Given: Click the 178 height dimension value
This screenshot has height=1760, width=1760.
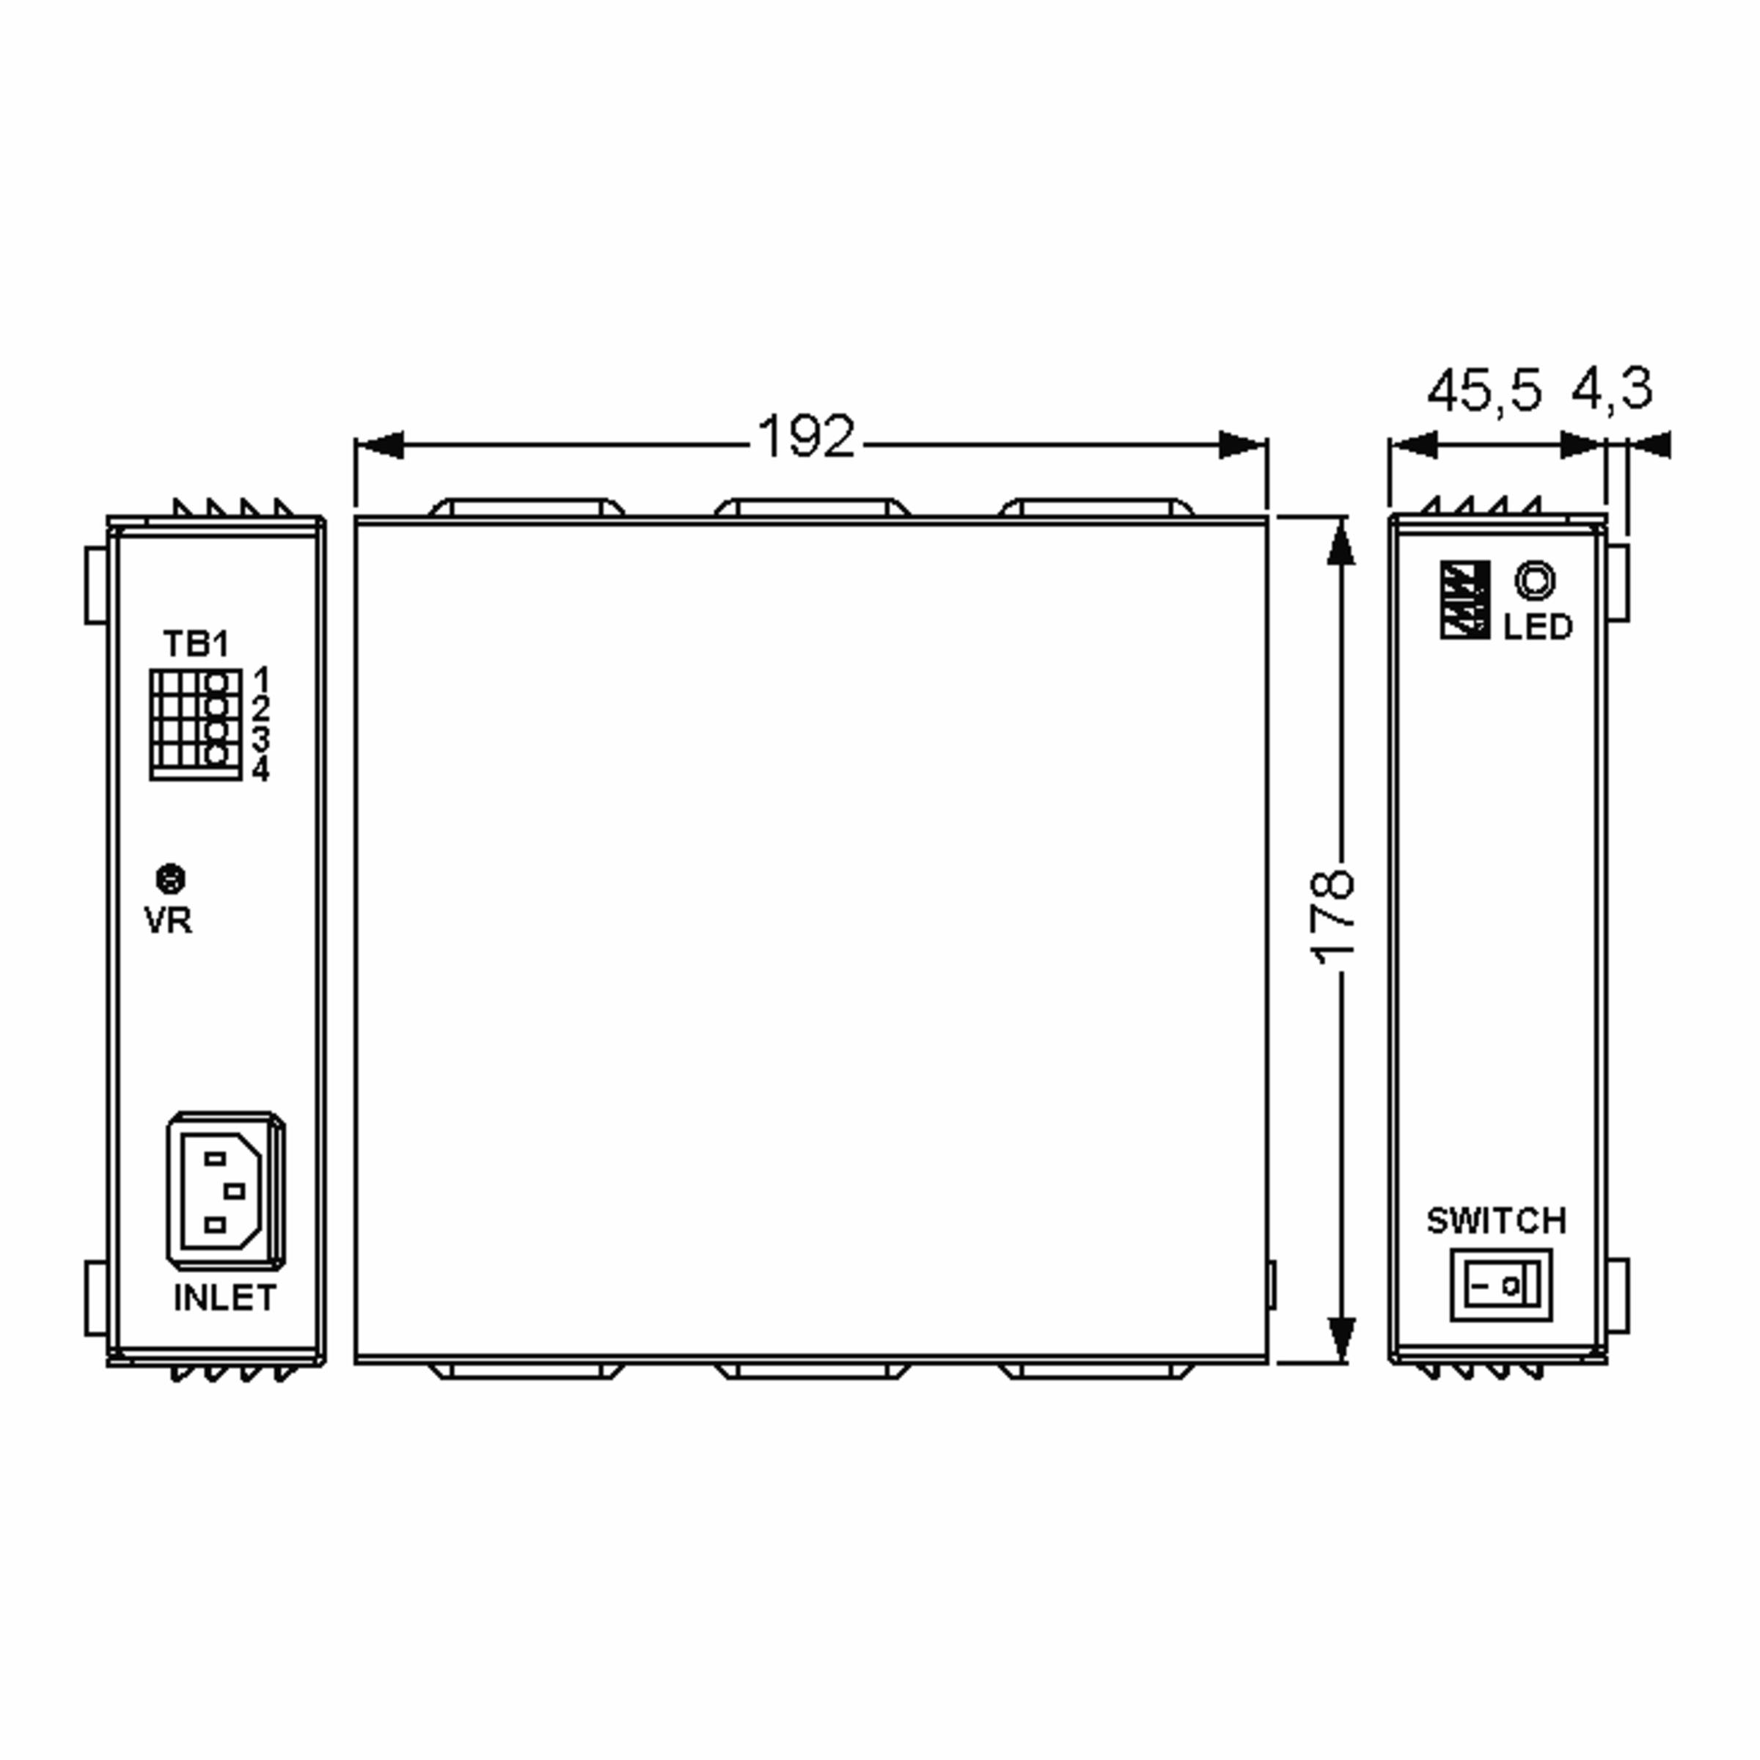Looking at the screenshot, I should (1332, 917).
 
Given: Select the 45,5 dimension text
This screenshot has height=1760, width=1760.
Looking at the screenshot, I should (1484, 391).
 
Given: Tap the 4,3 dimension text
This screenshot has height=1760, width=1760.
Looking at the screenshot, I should (1612, 389).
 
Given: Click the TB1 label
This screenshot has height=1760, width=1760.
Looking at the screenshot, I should (195, 644).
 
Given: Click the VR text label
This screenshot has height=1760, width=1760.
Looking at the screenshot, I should (169, 921).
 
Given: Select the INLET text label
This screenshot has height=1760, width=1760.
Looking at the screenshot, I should (225, 1298).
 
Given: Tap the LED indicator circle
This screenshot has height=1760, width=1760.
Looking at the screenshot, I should (1535, 580).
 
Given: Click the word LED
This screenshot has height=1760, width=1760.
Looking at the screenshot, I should (1538, 628).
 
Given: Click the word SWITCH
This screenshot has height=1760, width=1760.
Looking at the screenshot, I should (1496, 1221).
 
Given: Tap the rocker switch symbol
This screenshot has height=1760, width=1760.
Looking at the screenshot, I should (1500, 1286).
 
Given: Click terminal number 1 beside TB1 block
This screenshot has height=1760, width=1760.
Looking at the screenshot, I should (262, 678).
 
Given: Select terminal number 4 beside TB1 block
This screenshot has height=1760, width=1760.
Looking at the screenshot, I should (262, 770).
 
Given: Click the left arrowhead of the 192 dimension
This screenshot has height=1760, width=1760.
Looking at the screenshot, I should (378, 445).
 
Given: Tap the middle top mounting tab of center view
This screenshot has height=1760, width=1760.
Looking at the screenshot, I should (812, 507).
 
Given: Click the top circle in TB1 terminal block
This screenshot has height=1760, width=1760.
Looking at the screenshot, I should (218, 681).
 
